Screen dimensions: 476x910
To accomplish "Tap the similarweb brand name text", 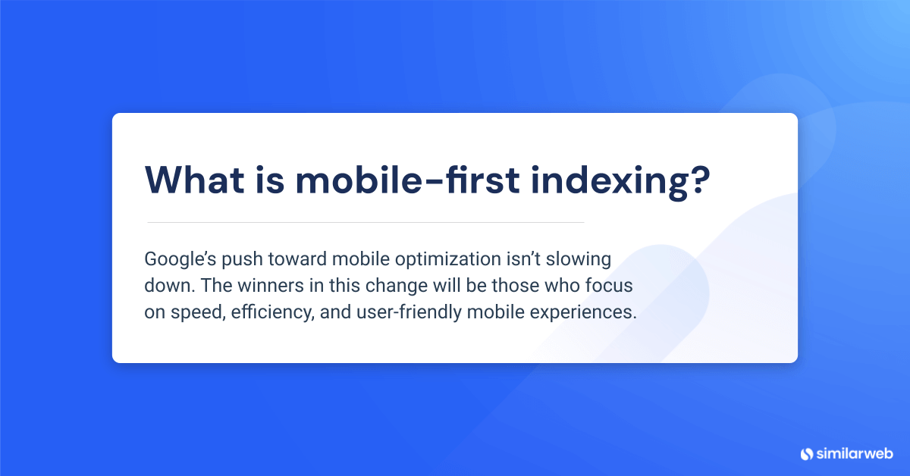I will (x=854, y=453).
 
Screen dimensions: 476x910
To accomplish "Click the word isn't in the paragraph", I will (x=524, y=258).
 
